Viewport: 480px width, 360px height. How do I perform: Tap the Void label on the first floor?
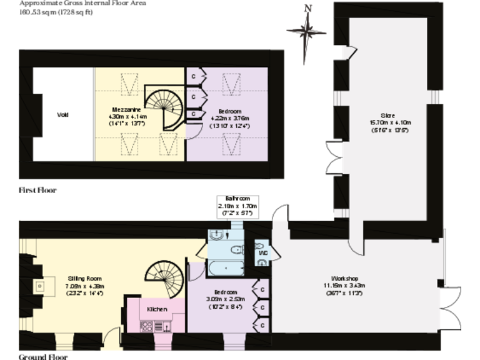click(x=62, y=114)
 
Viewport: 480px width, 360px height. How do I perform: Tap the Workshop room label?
click(x=344, y=278)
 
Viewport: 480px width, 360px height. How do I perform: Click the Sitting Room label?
click(x=84, y=278)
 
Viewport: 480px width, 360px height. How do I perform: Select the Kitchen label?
click(x=157, y=309)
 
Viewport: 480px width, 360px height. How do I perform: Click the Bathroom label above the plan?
click(x=237, y=198)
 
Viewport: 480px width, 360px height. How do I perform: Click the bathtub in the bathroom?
click(x=225, y=268)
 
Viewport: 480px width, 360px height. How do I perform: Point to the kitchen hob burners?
click(x=147, y=326)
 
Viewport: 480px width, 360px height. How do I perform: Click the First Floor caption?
click(x=37, y=189)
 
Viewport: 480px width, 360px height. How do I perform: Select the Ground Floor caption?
click(x=42, y=357)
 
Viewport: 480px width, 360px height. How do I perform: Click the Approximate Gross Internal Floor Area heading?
click(x=85, y=3)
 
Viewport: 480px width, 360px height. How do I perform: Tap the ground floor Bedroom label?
click(x=225, y=292)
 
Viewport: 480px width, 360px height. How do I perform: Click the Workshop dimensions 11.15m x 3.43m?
click(x=344, y=286)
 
